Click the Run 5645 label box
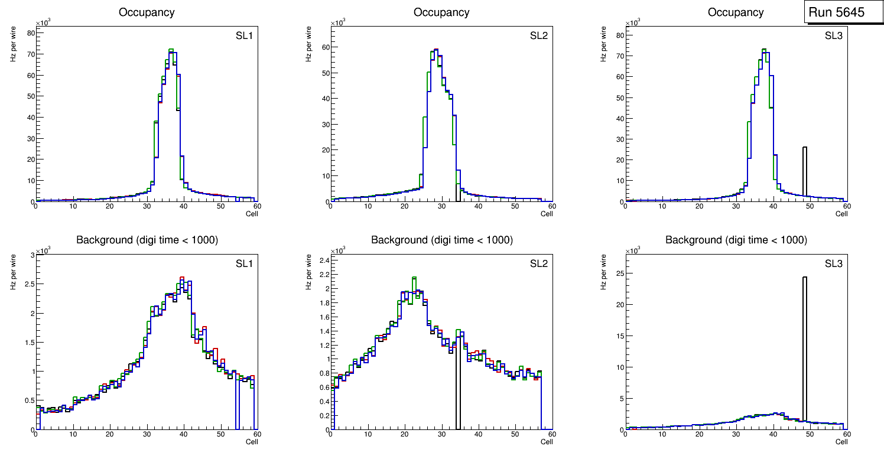tap(840, 12)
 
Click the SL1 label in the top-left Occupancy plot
tap(245, 36)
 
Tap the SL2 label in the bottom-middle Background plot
tap(539, 263)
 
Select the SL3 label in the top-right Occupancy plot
tap(834, 36)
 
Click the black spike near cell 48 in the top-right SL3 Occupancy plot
tap(804, 171)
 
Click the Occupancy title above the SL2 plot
tap(441, 12)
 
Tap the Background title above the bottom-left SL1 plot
tap(147, 240)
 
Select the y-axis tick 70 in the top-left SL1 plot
tap(30, 54)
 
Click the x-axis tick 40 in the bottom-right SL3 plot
tap(772, 434)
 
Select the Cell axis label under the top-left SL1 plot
tap(252, 213)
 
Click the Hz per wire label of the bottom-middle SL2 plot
tap(308, 272)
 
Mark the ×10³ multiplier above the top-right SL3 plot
tap(632, 23)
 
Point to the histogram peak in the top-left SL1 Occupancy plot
tap(171, 50)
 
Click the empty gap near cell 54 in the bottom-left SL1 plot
tap(237, 408)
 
